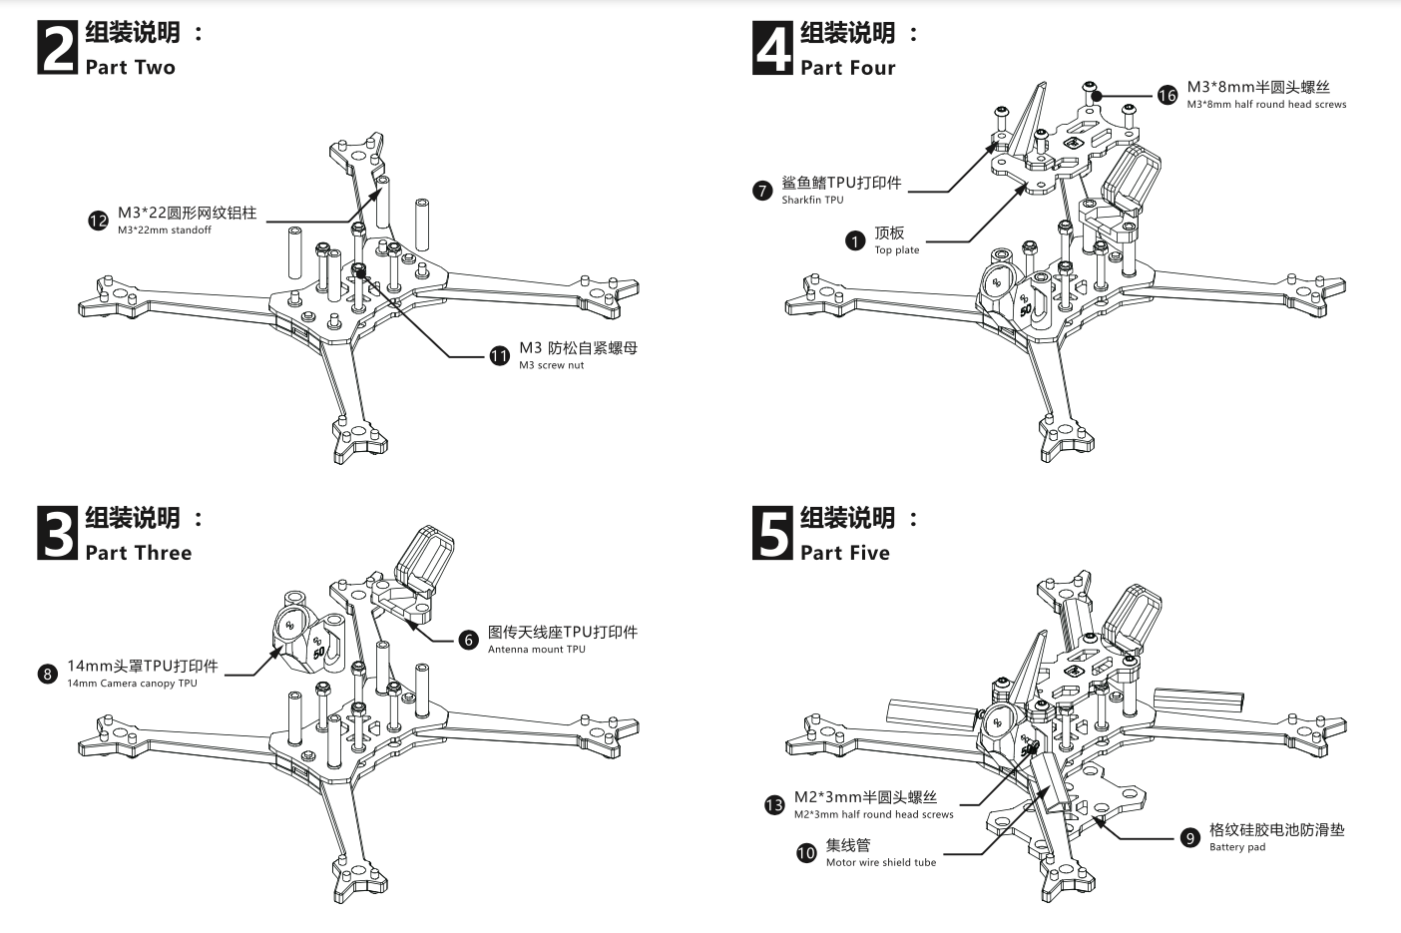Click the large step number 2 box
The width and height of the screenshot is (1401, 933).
[x=58, y=49]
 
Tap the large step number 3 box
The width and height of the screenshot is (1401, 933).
[x=58, y=534]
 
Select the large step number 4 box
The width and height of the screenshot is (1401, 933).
[x=772, y=49]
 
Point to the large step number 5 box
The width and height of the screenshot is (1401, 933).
[x=772, y=534]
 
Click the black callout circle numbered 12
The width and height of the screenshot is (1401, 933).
[x=98, y=221]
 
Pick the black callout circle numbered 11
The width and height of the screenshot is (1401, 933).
[x=499, y=356]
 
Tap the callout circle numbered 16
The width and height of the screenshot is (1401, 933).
[x=1167, y=95]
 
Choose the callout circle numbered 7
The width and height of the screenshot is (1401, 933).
[x=762, y=190]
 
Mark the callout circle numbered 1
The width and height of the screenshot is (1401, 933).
[x=855, y=240]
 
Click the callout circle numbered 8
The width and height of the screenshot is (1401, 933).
[x=47, y=674]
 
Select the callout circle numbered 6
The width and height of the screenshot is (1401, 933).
[x=469, y=640]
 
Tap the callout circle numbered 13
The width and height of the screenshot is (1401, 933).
[x=774, y=805]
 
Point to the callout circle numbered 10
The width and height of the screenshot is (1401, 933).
[x=806, y=853]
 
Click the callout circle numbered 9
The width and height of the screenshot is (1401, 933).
[x=1189, y=837]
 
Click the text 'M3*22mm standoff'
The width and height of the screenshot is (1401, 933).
[x=165, y=231]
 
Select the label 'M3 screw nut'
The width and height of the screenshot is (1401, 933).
[x=552, y=365]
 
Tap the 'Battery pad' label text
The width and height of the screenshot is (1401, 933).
[x=1237, y=847]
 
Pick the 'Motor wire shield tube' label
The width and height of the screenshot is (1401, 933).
[x=881, y=862]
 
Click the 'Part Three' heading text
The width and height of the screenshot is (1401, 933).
[x=139, y=553]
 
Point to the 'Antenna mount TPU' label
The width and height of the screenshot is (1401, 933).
[x=537, y=650]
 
